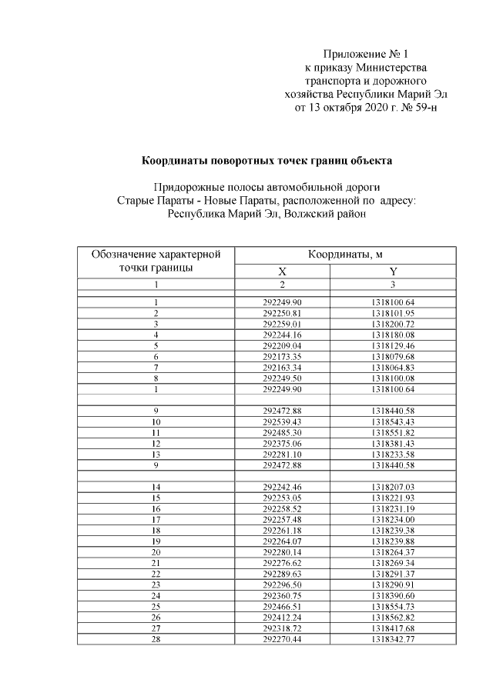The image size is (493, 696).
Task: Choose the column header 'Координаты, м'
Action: (x=346, y=255)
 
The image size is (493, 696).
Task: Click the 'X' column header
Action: (x=282, y=271)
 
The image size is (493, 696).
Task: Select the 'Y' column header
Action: (x=393, y=271)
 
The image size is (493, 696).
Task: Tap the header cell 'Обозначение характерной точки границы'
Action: (x=156, y=261)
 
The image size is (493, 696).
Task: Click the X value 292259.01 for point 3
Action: (x=282, y=325)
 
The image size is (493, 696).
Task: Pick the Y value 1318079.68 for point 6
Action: (x=393, y=357)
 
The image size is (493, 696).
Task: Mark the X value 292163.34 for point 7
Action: (x=282, y=368)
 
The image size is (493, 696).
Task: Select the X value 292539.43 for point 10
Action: (x=282, y=422)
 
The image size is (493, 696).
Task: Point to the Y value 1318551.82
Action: (x=393, y=433)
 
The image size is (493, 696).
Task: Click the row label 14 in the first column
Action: (x=156, y=487)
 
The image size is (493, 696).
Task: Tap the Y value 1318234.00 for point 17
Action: (x=393, y=519)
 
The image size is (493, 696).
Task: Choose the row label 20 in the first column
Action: (x=156, y=552)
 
